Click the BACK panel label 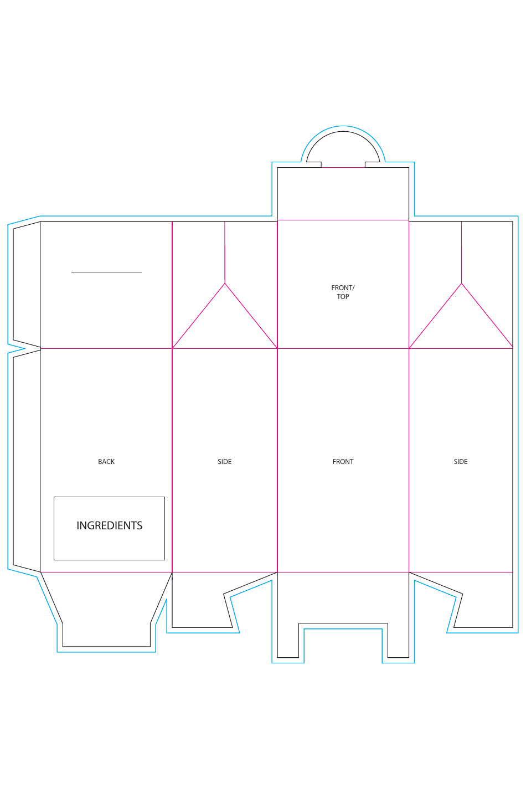(106, 461)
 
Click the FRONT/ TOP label (343, 292)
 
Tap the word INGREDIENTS (109, 525)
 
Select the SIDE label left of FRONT (224, 461)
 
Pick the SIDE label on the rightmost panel (461, 461)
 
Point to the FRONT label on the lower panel (343, 461)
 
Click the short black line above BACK (106, 272)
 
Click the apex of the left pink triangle (225, 283)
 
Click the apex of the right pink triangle (462, 283)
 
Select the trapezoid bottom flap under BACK (106, 610)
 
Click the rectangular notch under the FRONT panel (343, 641)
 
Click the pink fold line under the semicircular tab (343, 167)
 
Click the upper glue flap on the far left (27, 285)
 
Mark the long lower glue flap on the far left (27, 461)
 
